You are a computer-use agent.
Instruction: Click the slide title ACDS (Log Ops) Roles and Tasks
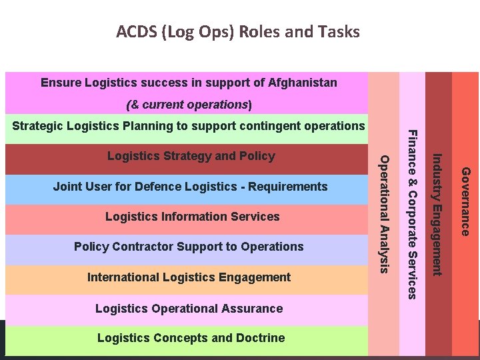point(238,32)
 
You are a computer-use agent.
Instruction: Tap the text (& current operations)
point(189,105)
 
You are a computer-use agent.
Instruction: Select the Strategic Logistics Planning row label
point(189,126)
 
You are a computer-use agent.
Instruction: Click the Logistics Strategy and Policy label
point(191,156)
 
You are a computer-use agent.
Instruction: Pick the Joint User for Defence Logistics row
point(190,187)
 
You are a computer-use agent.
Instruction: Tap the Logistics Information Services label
point(193,217)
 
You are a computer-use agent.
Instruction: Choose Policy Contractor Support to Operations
point(189,247)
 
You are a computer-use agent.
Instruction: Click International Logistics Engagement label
point(189,277)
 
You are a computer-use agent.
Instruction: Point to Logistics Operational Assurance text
point(189,309)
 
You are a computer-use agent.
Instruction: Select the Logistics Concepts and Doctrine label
point(191,338)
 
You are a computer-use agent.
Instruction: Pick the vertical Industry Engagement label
point(437,213)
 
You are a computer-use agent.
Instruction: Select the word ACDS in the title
point(135,32)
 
